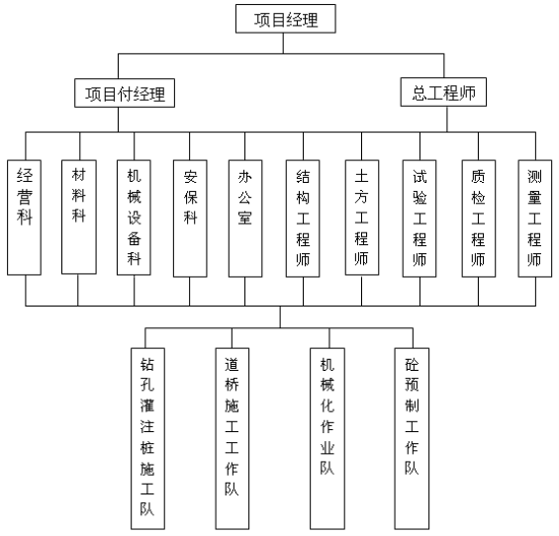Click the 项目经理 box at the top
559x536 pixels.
[x=286, y=19]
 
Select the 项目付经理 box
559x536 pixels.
[x=125, y=93]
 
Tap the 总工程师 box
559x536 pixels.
[x=443, y=92]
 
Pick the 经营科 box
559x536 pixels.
[x=25, y=218]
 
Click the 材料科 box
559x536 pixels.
[x=79, y=217]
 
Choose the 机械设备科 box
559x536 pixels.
[x=134, y=218]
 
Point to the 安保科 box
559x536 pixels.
[x=190, y=219]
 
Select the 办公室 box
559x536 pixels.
[x=245, y=219]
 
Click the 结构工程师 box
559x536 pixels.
[x=303, y=219]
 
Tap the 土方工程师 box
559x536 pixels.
[x=362, y=218]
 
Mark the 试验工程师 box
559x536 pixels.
[x=419, y=219]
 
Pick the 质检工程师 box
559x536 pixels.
[x=479, y=219]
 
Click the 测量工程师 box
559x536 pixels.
[x=534, y=219]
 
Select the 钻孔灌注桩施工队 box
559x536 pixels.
[x=147, y=439]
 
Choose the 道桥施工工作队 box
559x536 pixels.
[x=233, y=439]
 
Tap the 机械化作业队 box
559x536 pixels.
[x=327, y=439]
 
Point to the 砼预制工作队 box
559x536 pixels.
[x=412, y=439]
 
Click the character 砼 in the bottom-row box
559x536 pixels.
[x=412, y=365]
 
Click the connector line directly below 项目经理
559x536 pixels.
[x=283, y=44]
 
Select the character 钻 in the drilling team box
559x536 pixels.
[x=147, y=365]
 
